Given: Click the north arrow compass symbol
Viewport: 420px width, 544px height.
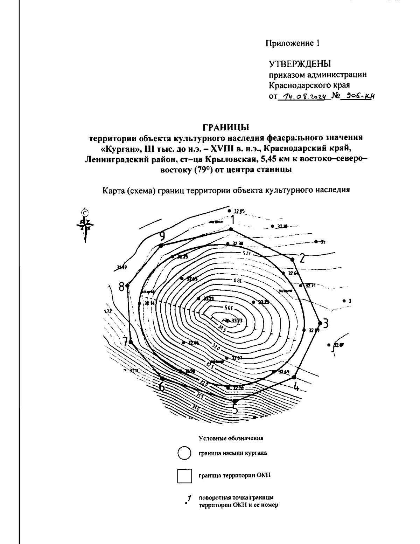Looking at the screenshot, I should click(84, 225).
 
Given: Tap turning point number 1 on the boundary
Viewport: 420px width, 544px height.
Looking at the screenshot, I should click(231, 229).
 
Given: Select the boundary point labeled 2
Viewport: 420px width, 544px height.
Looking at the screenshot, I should click(292, 259).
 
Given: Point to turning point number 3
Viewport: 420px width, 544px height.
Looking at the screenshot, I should click(320, 323).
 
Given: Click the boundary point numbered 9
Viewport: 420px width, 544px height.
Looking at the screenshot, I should click(161, 246).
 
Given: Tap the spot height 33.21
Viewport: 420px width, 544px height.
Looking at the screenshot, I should click(208, 299).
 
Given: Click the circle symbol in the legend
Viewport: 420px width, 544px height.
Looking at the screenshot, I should click(184, 453).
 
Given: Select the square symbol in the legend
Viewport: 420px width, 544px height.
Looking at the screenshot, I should click(184, 476).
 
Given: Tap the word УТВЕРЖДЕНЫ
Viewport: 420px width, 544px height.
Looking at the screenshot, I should click(300, 64).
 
